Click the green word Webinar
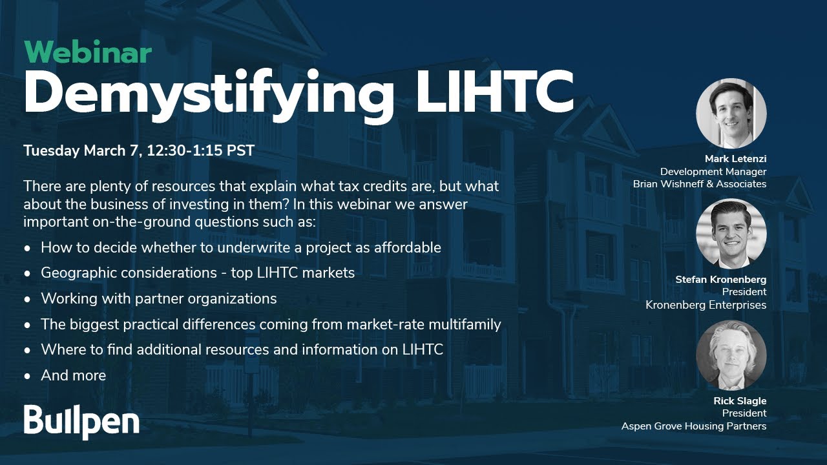point(87,53)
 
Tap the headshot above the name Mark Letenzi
point(731,114)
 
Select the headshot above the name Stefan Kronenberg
point(731,234)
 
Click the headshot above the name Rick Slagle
point(731,355)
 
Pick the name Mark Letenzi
point(735,160)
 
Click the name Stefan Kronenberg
point(720,280)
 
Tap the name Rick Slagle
point(740,401)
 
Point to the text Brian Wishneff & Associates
point(699,184)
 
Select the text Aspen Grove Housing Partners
point(693,426)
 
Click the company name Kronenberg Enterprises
point(706,305)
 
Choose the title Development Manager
point(713,172)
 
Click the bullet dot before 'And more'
point(27,377)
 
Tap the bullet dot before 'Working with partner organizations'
point(27,300)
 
